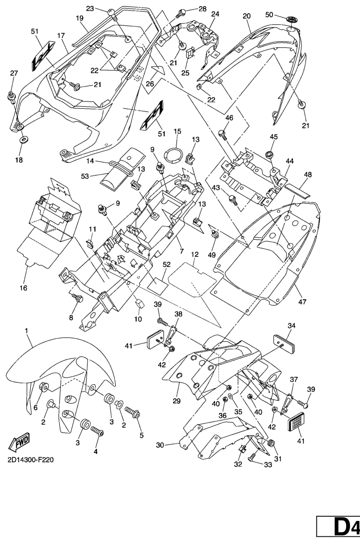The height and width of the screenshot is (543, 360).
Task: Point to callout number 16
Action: click(x=23, y=288)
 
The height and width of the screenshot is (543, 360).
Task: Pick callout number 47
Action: click(x=302, y=302)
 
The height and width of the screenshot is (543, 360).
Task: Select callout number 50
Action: click(x=269, y=15)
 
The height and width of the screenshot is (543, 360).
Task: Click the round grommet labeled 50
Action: click(x=291, y=19)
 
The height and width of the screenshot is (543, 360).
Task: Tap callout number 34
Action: click(x=292, y=326)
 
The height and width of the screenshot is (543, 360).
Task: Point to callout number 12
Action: click(x=195, y=255)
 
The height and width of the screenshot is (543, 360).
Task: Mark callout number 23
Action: click(x=90, y=9)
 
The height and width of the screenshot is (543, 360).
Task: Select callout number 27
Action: click(x=13, y=73)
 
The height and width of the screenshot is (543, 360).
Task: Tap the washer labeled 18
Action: click(x=22, y=141)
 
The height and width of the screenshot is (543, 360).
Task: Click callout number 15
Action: click(x=177, y=131)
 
